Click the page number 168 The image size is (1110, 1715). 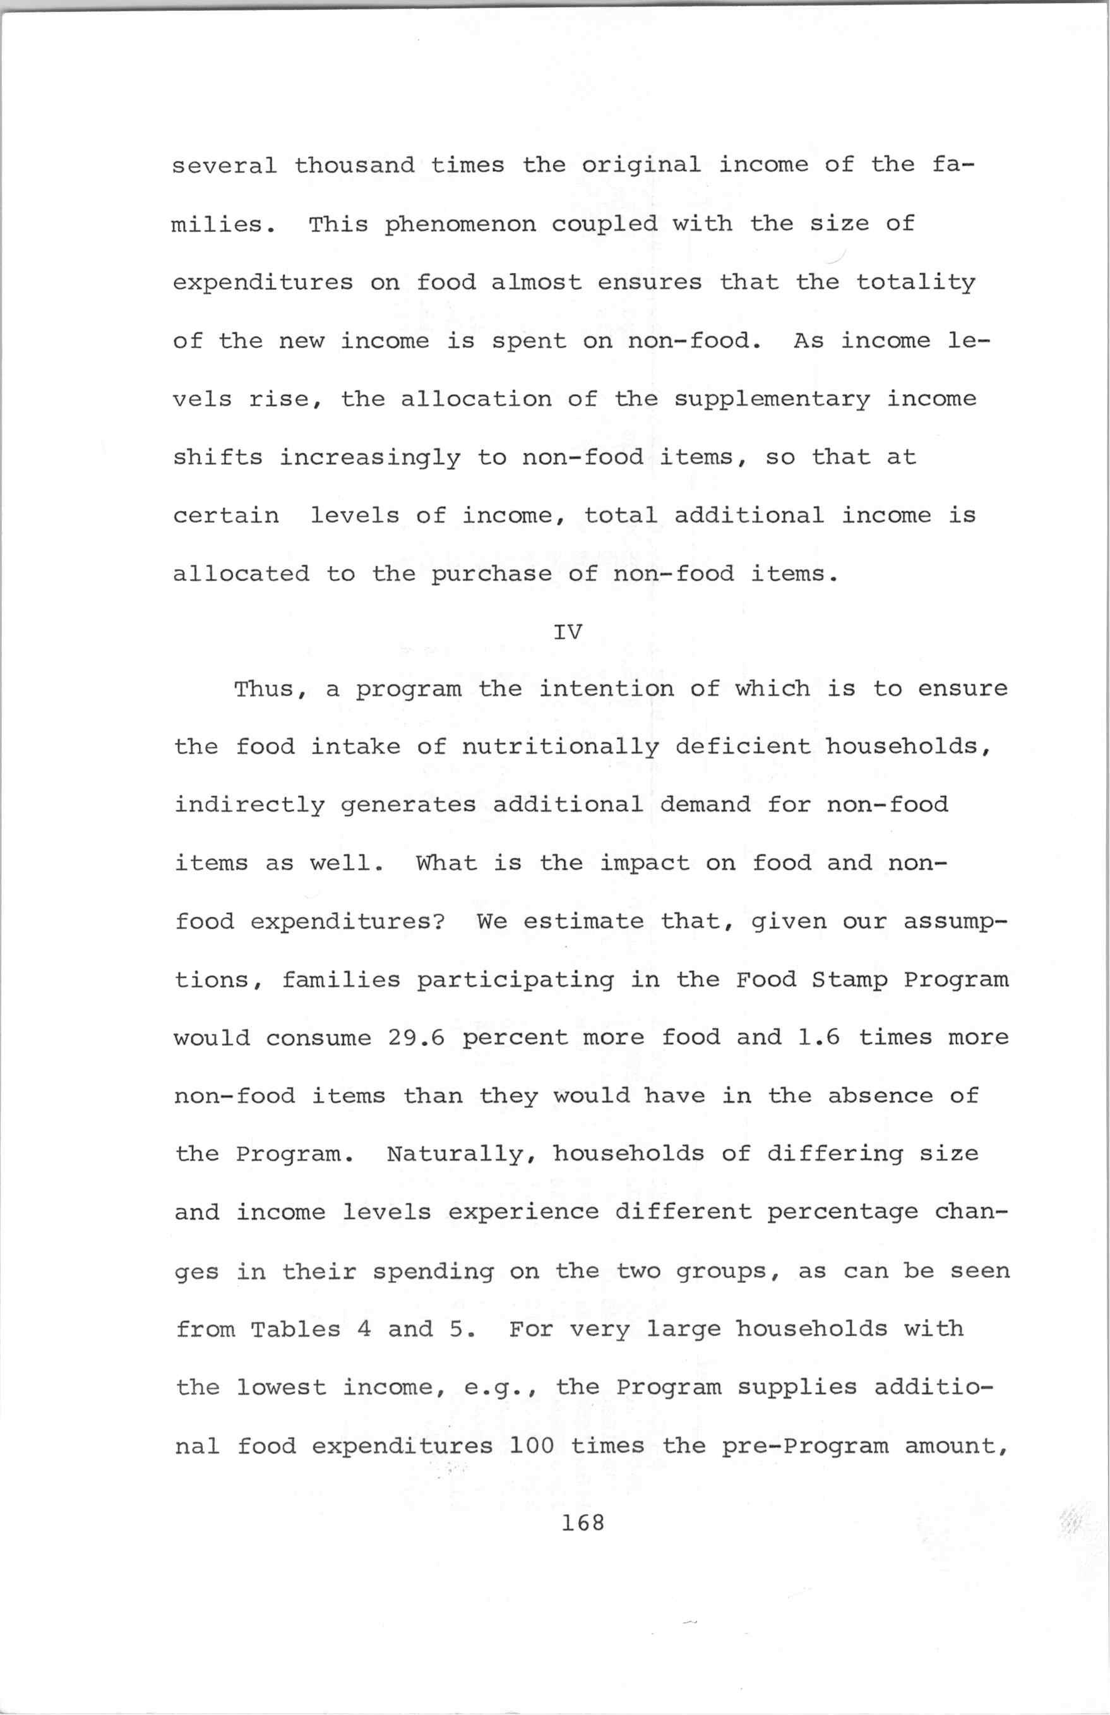[584, 1522]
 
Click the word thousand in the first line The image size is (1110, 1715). [354, 165]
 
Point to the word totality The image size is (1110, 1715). [915, 282]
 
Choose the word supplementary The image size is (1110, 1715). [772, 399]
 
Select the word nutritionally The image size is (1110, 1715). [559, 747]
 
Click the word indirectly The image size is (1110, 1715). [249, 805]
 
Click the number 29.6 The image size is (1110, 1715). [415, 1038]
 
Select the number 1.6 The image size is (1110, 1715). [819, 1038]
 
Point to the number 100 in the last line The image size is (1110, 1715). [531, 1445]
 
